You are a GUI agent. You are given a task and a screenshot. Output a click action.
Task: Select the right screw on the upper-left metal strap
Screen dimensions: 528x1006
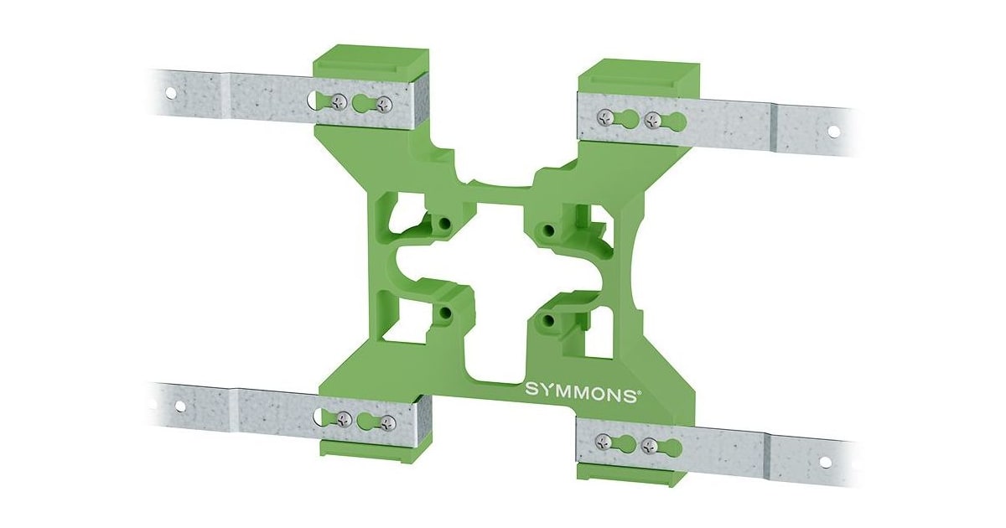[x=384, y=105]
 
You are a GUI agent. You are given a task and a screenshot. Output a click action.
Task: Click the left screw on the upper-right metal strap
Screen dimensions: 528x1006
[x=604, y=116]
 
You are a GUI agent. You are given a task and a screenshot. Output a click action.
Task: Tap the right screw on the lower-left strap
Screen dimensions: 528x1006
[x=386, y=422]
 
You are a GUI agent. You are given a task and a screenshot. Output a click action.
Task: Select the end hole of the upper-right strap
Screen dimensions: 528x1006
[x=832, y=131]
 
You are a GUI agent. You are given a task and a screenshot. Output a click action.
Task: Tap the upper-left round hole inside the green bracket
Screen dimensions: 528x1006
[x=445, y=225]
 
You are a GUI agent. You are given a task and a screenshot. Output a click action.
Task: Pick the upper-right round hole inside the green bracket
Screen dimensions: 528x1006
[x=548, y=229]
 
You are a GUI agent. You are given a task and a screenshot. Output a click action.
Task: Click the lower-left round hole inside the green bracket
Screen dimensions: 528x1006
[x=445, y=313]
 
